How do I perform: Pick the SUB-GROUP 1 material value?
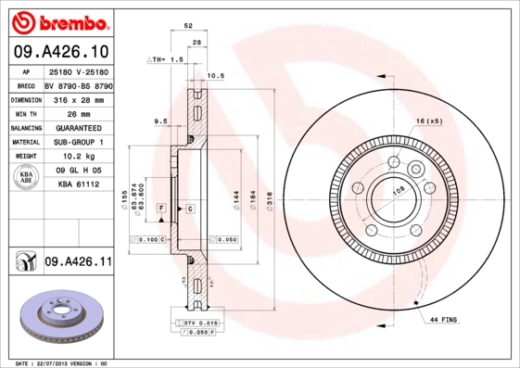click(79, 142)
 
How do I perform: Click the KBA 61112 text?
click(78, 184)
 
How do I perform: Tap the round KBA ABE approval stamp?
click(27, 178)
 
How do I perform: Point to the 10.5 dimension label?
click(215, 75)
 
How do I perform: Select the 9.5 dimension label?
click(159, 121)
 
